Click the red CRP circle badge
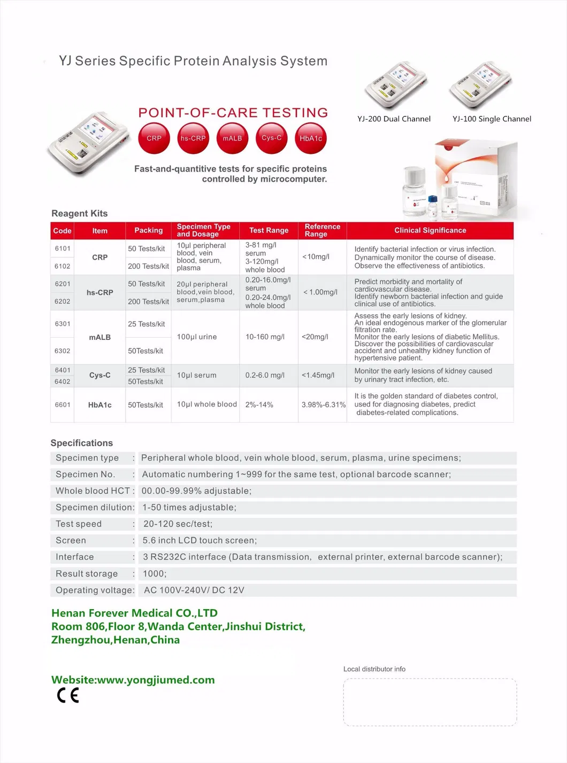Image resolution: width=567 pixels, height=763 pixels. point(154,138)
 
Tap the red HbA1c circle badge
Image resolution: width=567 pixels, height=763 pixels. point(311,138)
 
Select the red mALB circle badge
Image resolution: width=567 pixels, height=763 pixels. point(232,138)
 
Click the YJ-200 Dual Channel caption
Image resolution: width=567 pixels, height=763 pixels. point(394,119)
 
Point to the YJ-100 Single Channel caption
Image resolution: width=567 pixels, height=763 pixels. point(492,119)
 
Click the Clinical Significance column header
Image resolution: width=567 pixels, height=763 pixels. point(430,230)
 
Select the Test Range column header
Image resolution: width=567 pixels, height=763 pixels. point(269,230)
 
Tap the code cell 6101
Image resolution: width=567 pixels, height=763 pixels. point(63,248)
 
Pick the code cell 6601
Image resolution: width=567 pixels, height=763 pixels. point(63,405)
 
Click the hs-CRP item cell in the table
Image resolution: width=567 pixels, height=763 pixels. point(100,293)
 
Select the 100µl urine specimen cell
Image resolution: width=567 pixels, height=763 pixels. point(197,337)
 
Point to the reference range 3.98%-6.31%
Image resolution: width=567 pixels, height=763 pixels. point(323,405)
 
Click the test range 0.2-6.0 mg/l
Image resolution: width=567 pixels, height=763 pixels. point(265,376)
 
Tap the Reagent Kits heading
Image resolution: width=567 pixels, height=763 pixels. point(79,214)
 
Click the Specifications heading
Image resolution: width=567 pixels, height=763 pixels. point(82,443)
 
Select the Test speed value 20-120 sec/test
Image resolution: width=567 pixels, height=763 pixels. point(178,524)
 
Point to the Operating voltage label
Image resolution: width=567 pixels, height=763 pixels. point(94,590)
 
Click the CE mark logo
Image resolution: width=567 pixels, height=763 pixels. point(68,695)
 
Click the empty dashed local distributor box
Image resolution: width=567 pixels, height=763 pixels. point(430,702)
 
